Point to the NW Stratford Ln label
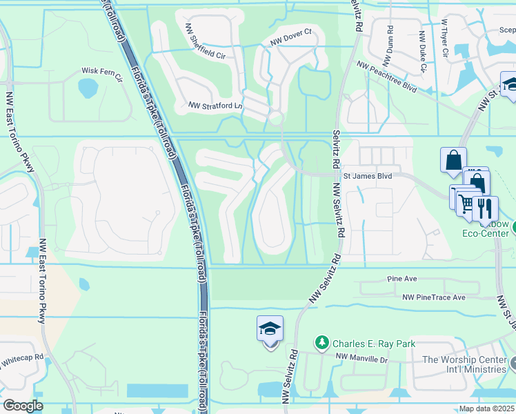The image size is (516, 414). pos(216,106)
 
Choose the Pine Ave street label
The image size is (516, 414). pos(402,279)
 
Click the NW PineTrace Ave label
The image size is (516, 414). pos(434,297)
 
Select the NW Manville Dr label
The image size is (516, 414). pos(362,358)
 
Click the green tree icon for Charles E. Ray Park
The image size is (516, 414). pos(321,342)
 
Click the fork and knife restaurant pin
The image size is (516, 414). pos(485,206)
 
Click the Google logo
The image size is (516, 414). pos(23,406)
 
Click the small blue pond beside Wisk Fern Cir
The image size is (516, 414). pos(88,88)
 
